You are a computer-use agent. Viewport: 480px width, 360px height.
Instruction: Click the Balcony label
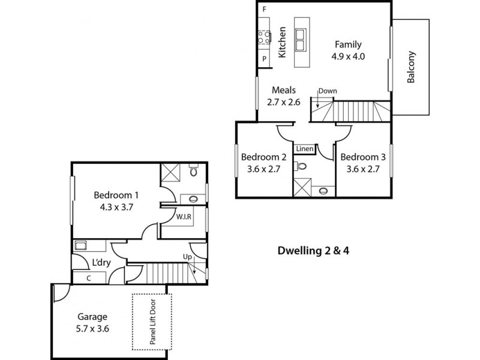tap(412, 67)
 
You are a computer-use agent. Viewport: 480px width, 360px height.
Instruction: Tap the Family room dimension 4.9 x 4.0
tap(348, 56)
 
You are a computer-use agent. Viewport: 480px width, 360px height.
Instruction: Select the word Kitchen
tap(283, 42)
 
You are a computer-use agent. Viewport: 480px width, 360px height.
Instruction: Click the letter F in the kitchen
tap(264, 10)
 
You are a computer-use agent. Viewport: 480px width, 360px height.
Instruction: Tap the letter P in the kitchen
tap(264, 58)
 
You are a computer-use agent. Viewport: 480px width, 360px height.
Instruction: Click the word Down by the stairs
tap(328, 91)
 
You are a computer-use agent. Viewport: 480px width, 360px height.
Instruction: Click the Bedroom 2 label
tap(263, 157)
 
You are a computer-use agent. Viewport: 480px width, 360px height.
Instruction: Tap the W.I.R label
tap(184, 217)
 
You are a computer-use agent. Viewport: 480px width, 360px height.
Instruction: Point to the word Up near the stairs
tap(187, 257)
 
